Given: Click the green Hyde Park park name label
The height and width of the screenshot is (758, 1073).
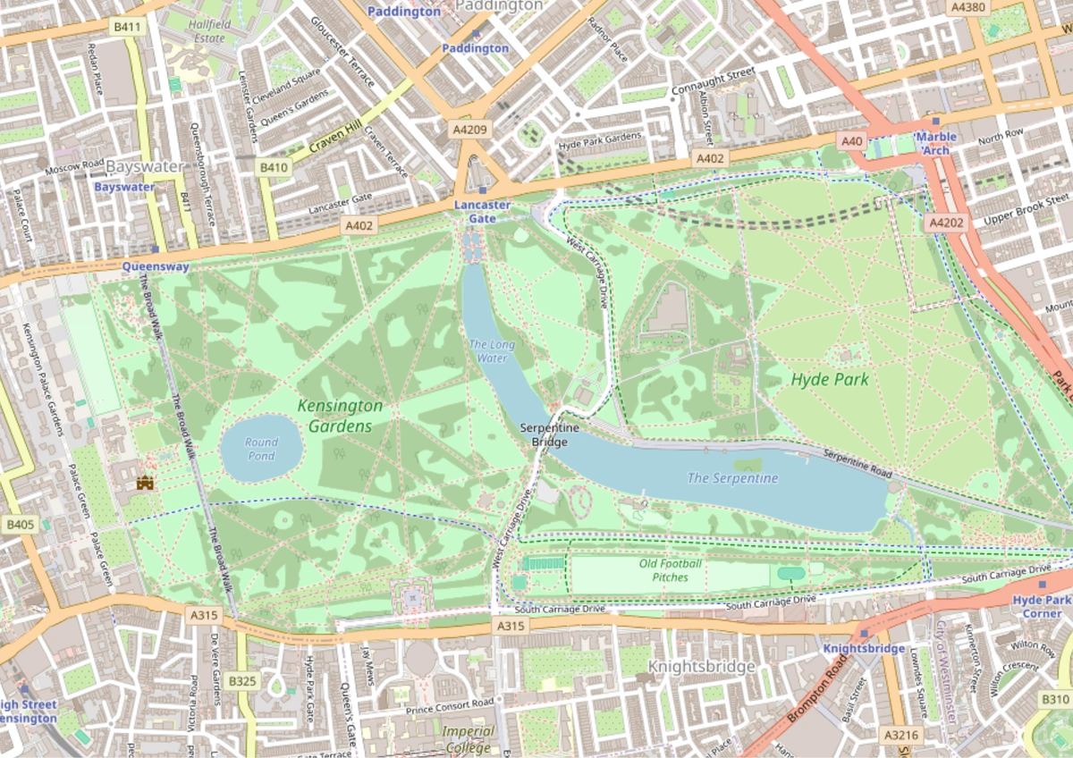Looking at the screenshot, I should (829, 379).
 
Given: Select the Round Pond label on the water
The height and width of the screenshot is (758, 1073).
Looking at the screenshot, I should (261, 449).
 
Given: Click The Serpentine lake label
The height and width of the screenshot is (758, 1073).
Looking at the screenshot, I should (732, 478).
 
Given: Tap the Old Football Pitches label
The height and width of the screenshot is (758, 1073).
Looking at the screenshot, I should (670, 570).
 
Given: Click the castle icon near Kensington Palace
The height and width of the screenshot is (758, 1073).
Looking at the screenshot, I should (145, 483).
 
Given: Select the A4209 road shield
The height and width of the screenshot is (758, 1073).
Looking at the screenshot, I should (470, 131).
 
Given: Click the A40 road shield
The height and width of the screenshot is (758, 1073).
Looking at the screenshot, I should (852, 141).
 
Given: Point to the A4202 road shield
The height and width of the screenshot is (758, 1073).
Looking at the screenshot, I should (946, 223).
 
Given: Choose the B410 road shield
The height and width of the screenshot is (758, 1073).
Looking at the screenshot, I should (274, 167).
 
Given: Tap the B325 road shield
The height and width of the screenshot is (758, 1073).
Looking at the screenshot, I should (241, 681).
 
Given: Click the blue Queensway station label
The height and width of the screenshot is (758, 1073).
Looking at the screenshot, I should (156, 265).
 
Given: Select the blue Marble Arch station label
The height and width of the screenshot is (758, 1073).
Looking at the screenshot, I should (935, 143).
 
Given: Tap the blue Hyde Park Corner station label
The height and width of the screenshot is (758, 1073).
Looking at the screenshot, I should (1043, 607).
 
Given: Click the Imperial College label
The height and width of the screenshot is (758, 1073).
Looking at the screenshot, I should (468, 739).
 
